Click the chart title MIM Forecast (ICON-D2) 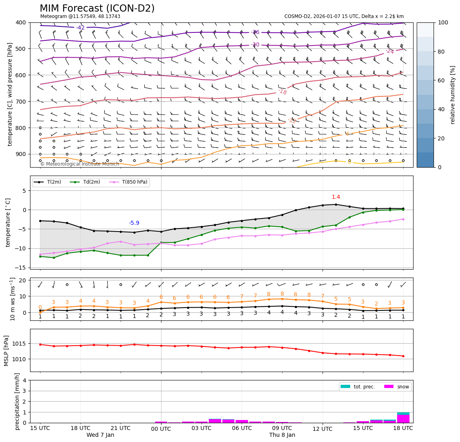pyautogui.click(x=97, y=8)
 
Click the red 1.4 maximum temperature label pyautogui.click(x=336, y=197)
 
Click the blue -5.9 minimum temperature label pyautogui.click(x=134, y=223)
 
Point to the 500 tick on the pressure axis pyautogui.click(x=20, y=49)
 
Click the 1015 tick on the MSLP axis pyautogui.click(x=19, y=344)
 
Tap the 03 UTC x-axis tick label pyautogui.click(x=201, y=428)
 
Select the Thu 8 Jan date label pyautogui.click(x=282, y=435)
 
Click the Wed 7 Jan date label pyautogui.click(x=100, y=435)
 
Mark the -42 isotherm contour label pyautogui.click(x=80, y=28)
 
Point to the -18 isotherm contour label pyautogui.click(x=282, y=92)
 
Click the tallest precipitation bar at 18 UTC pyautogui.click(x=403, y=417)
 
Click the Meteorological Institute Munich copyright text pyautogui.click(x=79, y=164)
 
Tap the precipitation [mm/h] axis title pyautogui.click(x=17, y=401)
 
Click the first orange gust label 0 pyautogui.click(x=40, y=307)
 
